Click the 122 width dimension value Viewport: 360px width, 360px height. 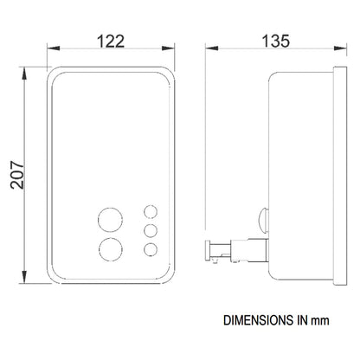111,41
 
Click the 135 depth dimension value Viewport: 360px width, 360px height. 276,41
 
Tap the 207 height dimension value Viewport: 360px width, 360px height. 17,175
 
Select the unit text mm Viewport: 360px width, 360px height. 320,321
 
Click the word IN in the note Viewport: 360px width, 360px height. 302,320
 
